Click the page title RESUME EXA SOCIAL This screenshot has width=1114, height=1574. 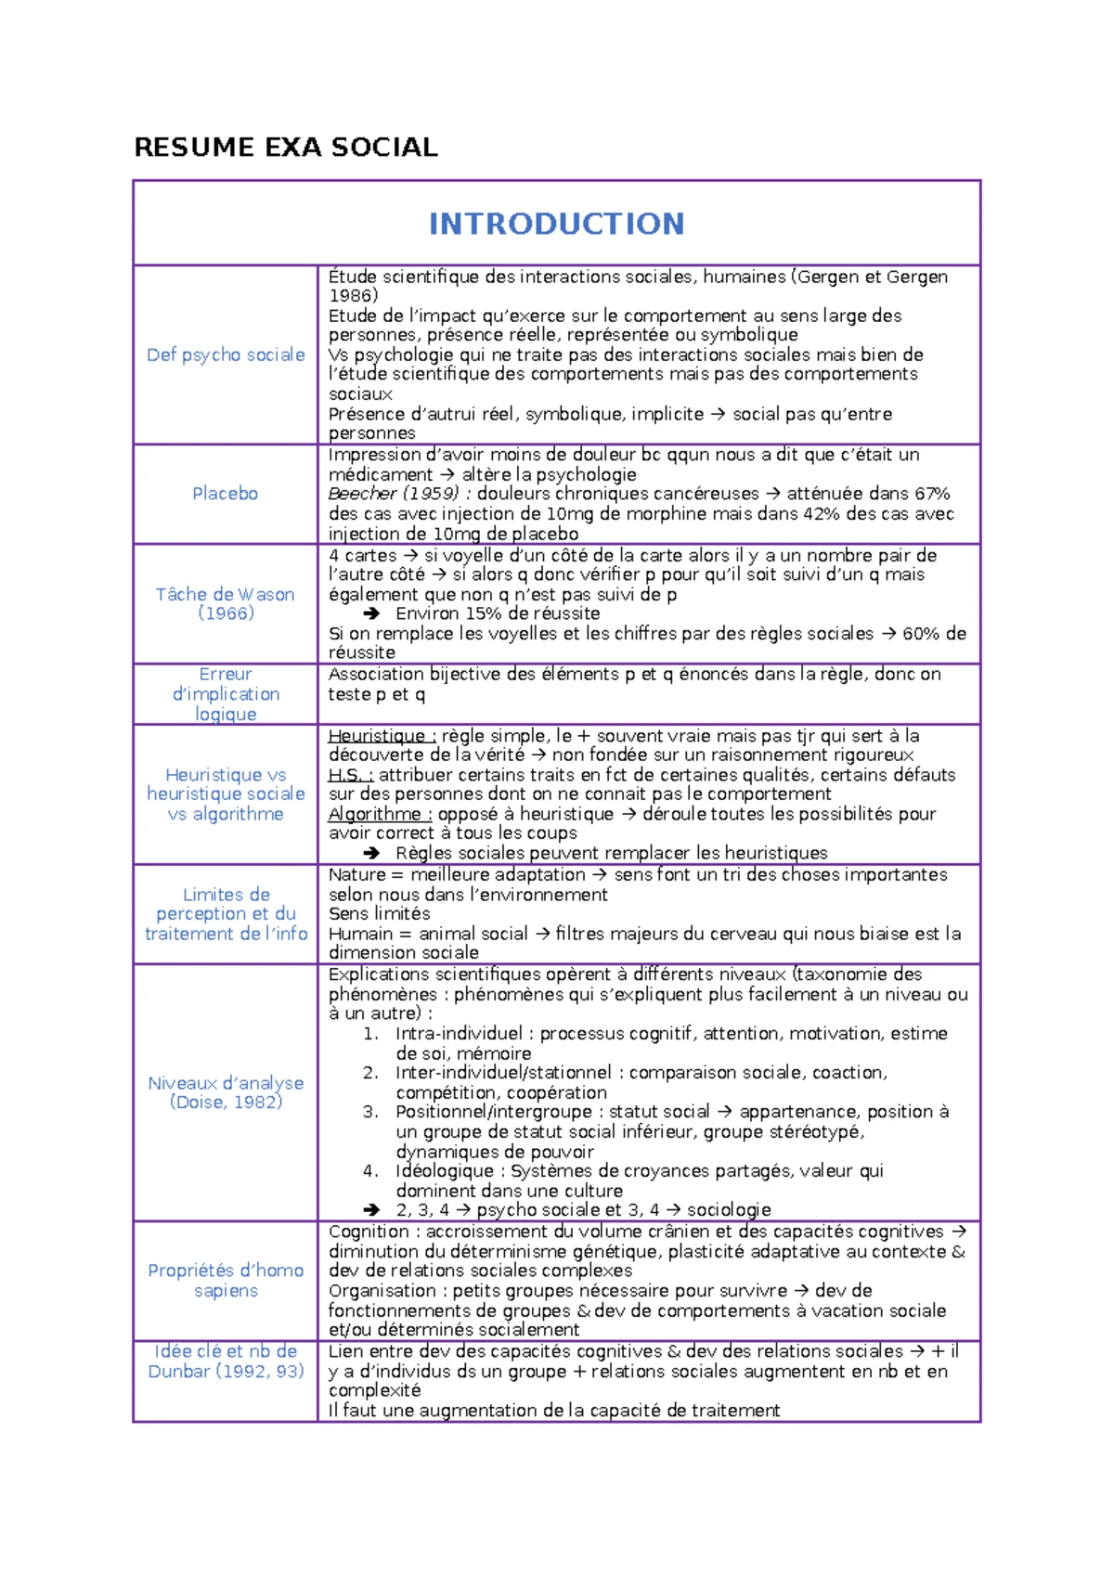(x=286, y=148)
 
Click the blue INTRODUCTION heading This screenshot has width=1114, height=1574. (x=556, y=224)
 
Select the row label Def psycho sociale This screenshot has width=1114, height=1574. (x=226, y=355)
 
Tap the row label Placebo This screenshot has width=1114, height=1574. (x=226, y=494)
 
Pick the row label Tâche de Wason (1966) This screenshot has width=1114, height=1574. (x=226, y=603)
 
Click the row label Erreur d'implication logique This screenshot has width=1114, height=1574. (x=226, y=694)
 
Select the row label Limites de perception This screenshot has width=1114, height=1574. (x=226, y=914)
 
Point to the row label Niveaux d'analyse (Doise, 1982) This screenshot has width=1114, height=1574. (x=226, y=1092)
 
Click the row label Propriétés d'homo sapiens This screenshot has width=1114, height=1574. (x=226, y=1280)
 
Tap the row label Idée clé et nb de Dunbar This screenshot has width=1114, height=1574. (x=226, y=1361)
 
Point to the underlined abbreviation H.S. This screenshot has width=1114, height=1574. (x=350, y=775)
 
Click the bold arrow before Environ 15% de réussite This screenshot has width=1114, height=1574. (x=371, y=613)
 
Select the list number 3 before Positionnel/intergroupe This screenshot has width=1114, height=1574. (x=369, y=1112)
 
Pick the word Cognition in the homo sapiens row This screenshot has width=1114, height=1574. (x=369, y=1232)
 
